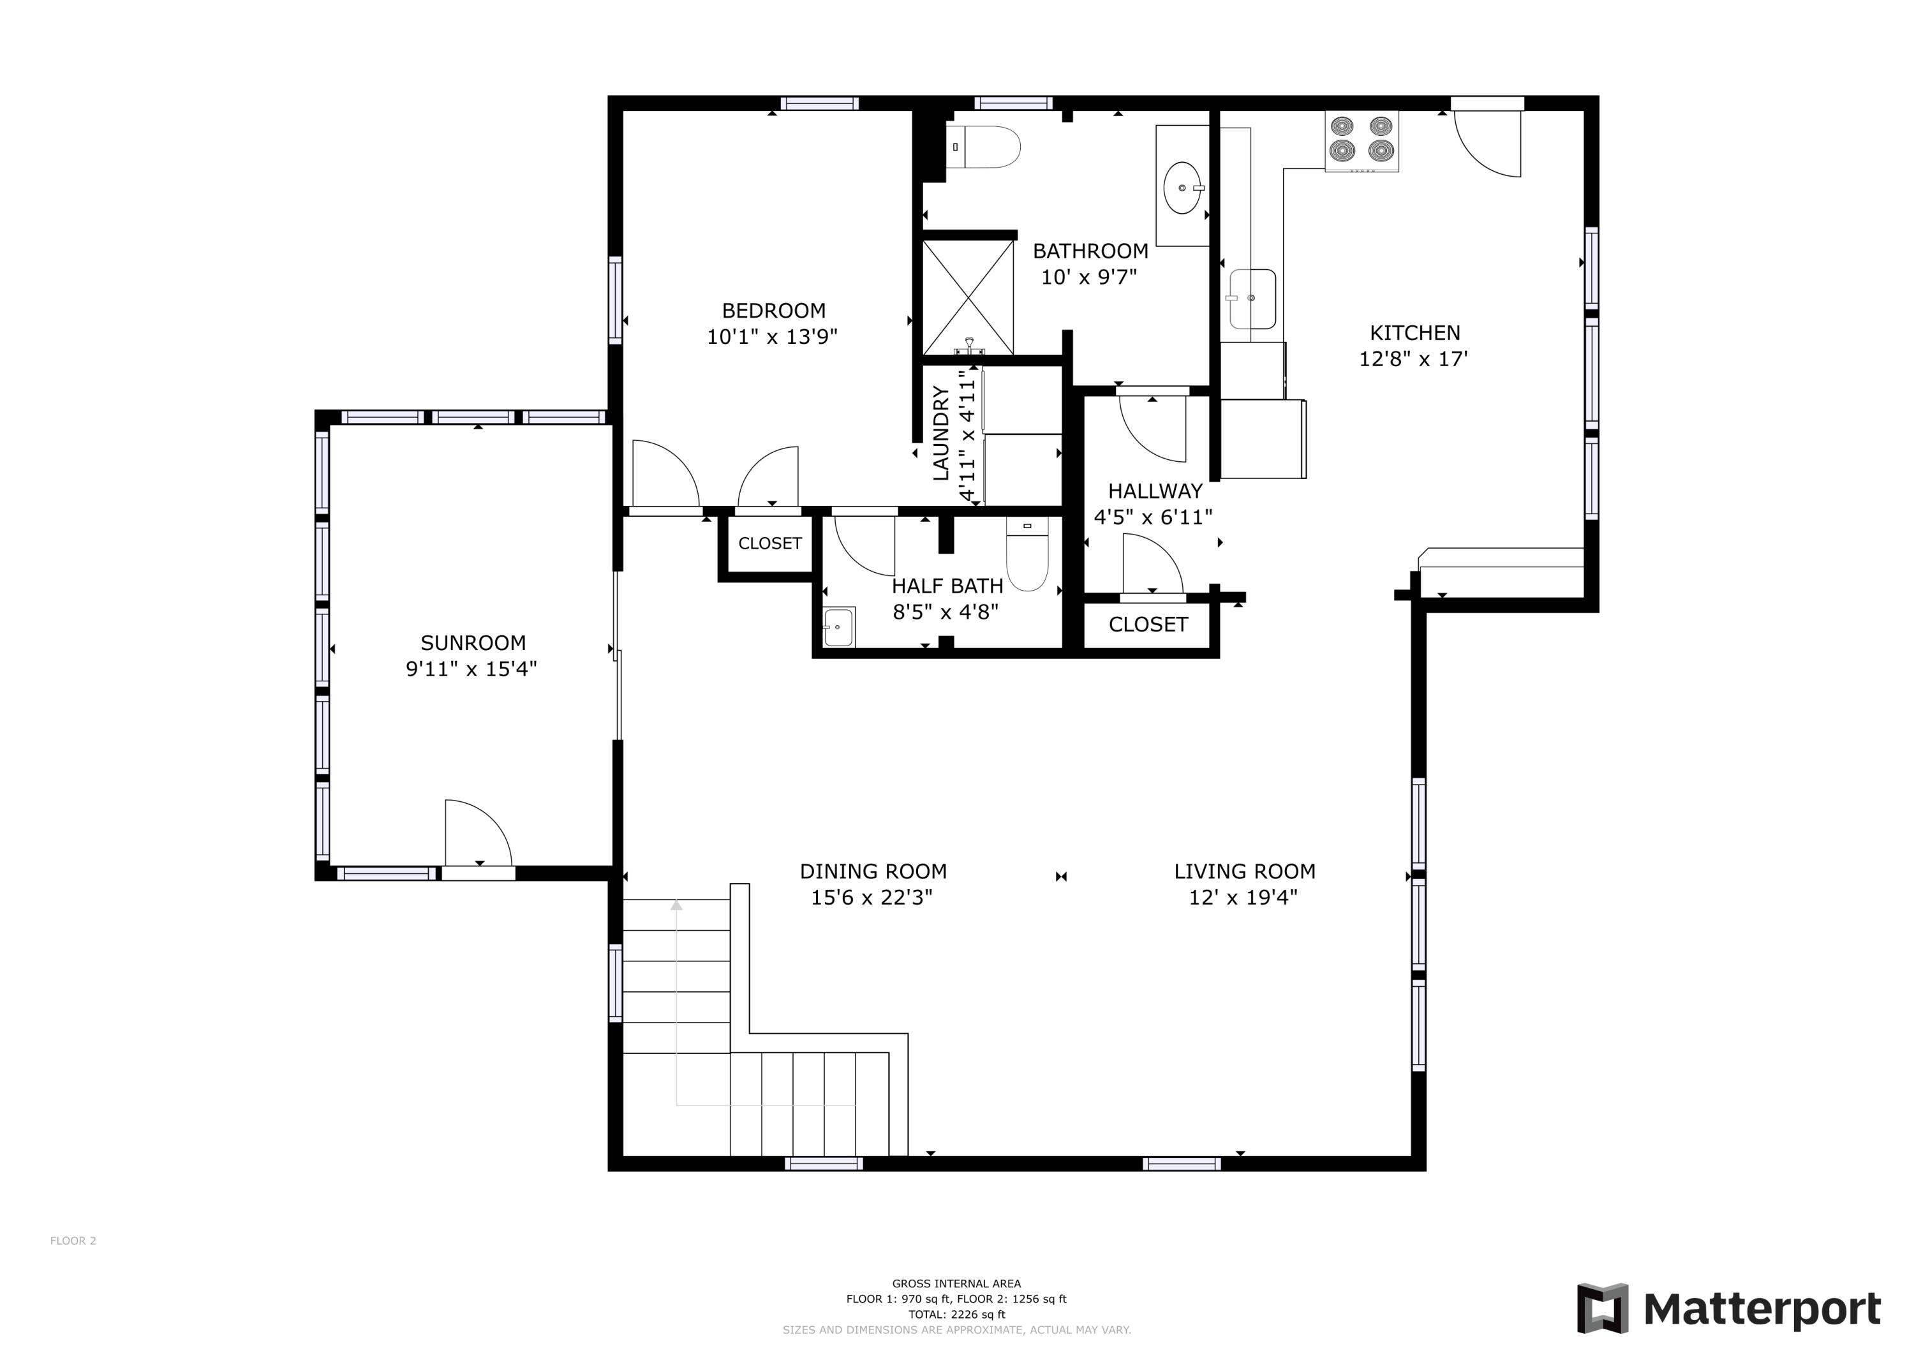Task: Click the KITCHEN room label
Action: click(x=1414, y=332)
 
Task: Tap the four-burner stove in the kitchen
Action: click(x=1361, y=140)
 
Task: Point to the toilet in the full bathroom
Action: click(x=985, y=147)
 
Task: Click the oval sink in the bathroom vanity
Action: click(x=1182, y=188)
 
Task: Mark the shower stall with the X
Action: click(x=968, y=298)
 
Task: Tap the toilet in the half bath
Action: click(x=1027, y=557)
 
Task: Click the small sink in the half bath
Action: click(x=838, y=627)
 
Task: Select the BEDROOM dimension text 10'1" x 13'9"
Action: click(x=772, y=337)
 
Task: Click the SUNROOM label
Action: click(x=473, y=643)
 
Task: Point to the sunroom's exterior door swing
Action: click(x=477, y=834)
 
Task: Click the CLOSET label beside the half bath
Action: click(x=769, y=543)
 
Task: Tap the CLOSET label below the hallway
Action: click(x=1148, y=625)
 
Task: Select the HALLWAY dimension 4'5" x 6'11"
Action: click(x=1153, y=518)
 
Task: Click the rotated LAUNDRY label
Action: click(x=940, y=434)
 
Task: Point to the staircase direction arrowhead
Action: click(x=676, y=905)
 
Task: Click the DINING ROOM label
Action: click(x=873, y=871)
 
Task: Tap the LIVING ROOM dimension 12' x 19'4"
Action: click(x=1243, y=898)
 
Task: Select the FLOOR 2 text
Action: click(x=73, y=1241)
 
